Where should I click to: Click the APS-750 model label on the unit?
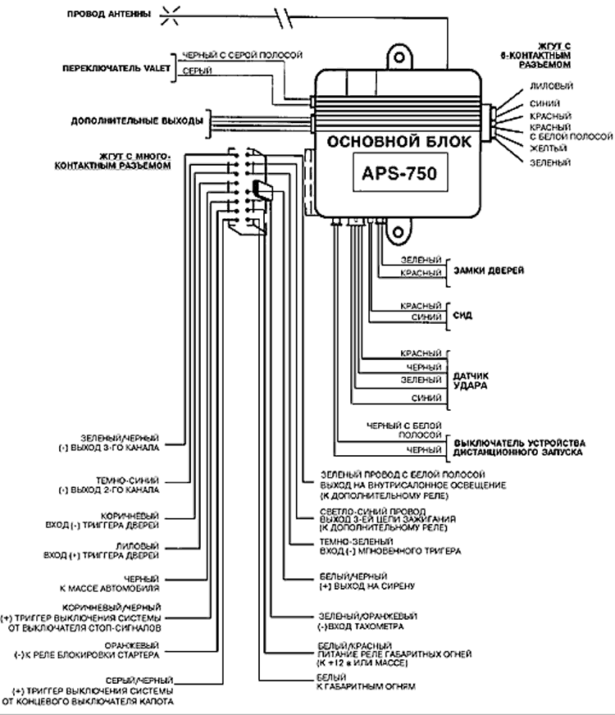[x=399, y=174]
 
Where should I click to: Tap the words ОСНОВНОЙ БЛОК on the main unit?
[x=399, y=141]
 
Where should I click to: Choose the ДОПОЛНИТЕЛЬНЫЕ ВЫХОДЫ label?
[x=136, y=121]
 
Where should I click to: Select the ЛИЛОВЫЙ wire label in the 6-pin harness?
[x=549, y=86]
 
